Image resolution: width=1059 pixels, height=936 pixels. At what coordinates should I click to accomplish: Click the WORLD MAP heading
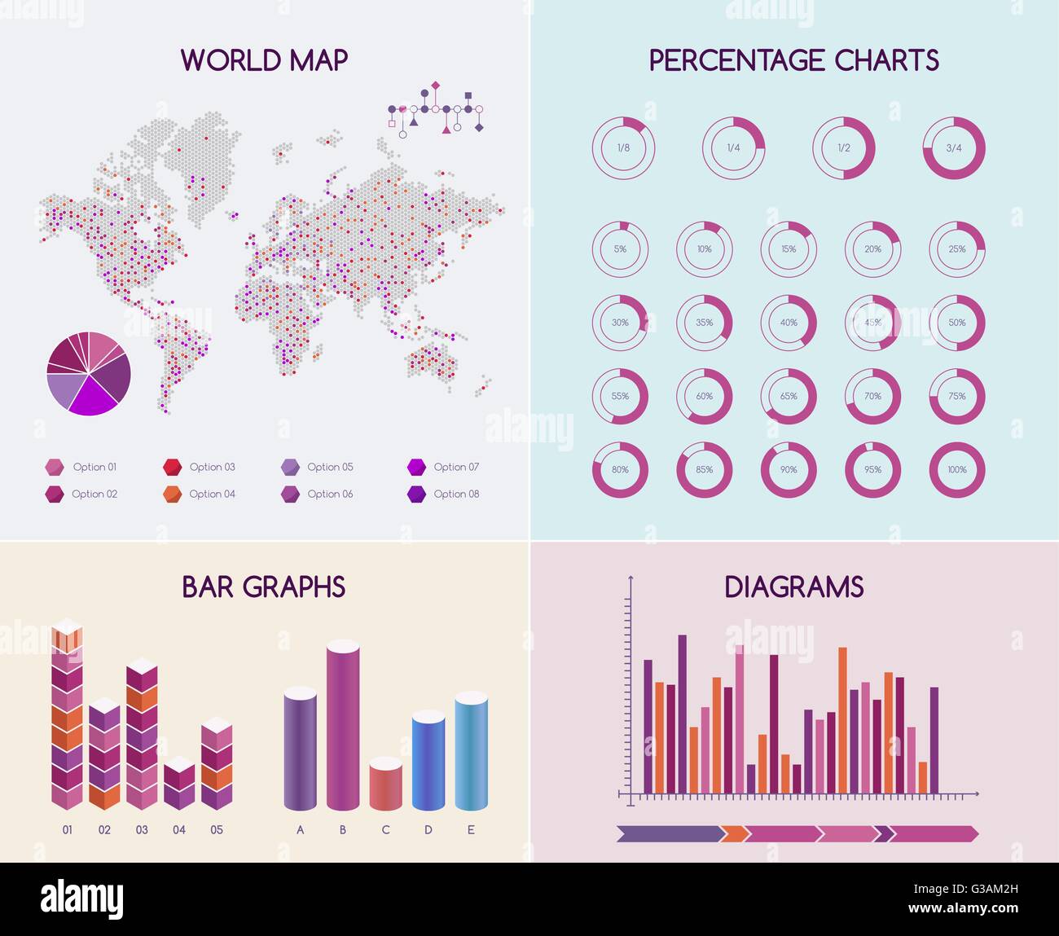[x=264, y=60]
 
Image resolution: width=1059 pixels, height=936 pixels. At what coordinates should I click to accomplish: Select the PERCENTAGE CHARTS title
[x=793, y=60]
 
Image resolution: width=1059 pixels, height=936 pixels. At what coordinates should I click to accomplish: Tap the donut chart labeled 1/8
[x=623, y=148]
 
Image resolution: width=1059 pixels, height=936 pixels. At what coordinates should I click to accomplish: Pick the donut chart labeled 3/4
[x=954, y=148]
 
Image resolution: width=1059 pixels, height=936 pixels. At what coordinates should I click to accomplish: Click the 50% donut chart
[x=957, y=323]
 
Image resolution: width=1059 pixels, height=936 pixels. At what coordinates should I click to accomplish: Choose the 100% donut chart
[x=957, y=470]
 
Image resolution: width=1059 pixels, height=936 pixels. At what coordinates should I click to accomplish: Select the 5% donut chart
[x=620, y=249]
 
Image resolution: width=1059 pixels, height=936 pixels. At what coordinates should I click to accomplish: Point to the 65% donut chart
[x=789, y=397]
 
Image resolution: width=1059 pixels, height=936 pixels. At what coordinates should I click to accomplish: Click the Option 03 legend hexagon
[x=172, y=467]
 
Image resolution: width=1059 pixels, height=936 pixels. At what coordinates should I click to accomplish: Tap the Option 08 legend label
[x=456, y=494]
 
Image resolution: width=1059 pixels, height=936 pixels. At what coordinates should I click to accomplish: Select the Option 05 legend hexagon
[x=290, y=467]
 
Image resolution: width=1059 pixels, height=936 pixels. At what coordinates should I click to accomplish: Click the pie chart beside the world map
[x=89, y=374]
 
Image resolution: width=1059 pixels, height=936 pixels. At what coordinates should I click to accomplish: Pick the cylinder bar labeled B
[x=343, y=725]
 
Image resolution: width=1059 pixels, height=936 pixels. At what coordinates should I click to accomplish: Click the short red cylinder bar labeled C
[x=385, y=784]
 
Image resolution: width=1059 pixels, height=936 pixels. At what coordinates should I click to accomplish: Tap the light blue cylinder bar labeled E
[x=471, y=751]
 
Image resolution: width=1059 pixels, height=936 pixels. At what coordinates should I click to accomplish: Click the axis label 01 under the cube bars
[x=68, y=830]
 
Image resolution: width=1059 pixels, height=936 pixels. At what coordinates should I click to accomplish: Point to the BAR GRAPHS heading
[x=264, y=587]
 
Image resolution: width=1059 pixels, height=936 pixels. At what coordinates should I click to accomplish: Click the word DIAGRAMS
[x=793, y=587]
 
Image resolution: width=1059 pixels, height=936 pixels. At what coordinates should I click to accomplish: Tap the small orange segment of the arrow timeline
[x=735, y=833]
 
